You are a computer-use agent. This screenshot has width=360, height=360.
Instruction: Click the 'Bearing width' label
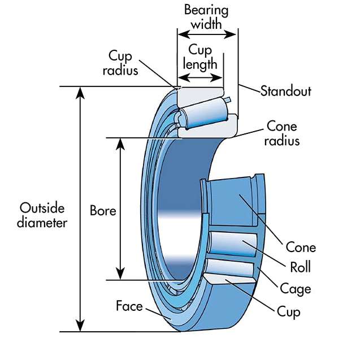coord(206,18)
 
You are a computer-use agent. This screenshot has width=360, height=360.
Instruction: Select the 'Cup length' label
coord(202,57)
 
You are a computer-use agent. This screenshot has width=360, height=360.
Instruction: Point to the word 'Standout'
coord(285,91)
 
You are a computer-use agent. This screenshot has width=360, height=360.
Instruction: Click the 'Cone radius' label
coord(281,133)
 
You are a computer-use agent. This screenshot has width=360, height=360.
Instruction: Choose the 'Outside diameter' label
coord(42,215)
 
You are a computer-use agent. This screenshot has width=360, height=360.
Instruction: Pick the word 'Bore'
coord(103,211)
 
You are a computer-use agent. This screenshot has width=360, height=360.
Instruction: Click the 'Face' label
coord(129,306)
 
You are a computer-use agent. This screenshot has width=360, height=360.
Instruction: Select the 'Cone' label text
coord(301,248)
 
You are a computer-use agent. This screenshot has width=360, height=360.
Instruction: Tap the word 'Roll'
coord(301,267)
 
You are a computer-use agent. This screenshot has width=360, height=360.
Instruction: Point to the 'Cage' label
coord(296,289)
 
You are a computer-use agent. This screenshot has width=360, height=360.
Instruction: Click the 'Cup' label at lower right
coord(288,311)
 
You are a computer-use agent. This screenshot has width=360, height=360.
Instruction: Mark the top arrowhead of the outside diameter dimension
coord(81,91)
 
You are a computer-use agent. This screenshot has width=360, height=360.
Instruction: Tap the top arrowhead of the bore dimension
coord(120,142)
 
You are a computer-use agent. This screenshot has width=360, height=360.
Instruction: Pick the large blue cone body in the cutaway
coord(232,203)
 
